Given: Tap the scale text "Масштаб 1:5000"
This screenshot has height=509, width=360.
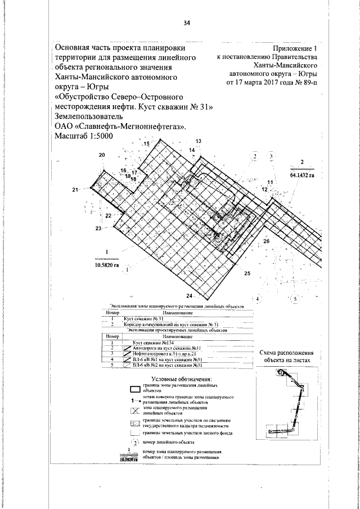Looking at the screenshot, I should point(84,136).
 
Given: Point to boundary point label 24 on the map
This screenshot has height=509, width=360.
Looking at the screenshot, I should point(189,295).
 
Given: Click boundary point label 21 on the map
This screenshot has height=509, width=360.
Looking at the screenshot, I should point(76,191).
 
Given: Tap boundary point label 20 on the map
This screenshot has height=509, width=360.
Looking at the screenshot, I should point(101,155).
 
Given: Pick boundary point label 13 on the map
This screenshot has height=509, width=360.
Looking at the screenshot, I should point(198,140).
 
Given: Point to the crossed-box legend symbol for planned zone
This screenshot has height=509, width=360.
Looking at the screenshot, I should point(134,409).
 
